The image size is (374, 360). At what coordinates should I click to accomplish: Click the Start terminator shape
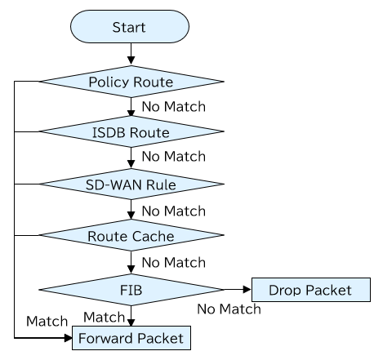coord(130,27)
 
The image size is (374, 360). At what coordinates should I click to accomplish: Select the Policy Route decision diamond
coord(131,82)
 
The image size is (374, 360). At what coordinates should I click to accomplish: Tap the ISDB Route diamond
coord(131,131)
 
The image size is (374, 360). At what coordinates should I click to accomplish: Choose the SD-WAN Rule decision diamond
coord(131,184)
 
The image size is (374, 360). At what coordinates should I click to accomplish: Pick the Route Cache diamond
coord(131,235)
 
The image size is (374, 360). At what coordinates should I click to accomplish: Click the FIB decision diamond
coord(131,290)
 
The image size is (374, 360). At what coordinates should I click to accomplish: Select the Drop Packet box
coord(311,290)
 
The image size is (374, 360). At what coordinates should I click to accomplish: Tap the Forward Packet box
coord(131,338)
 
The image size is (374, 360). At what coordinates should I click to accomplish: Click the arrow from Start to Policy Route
coord(131,54)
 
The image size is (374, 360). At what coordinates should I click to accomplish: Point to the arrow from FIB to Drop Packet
coord(238,290)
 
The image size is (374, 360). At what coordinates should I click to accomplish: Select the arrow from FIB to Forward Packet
coord(131,316)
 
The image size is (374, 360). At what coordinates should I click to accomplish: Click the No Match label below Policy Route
coord(174,106)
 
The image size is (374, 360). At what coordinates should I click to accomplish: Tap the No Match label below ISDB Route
coord(174,157)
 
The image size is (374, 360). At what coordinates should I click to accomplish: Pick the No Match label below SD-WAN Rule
coord(174,211)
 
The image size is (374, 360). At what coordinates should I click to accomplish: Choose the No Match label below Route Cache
coord(174,262)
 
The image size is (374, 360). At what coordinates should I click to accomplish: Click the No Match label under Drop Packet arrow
coord(229,309)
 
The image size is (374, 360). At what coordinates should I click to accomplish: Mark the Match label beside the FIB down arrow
coord(104,318)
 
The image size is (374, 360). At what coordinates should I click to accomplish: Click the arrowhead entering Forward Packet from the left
coord(68,338)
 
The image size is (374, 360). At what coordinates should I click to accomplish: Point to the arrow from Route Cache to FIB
coord(131,262)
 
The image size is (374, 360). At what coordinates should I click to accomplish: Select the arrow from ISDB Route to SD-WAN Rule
coord(131,158)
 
